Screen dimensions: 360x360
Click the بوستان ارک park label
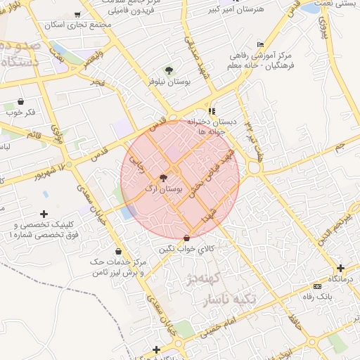click(x=163, y=189)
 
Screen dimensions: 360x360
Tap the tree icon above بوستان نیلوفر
click(x=169, y=70)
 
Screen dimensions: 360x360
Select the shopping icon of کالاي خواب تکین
click(x=186, y=237)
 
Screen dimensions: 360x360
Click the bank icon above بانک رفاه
click(x=317, y=286)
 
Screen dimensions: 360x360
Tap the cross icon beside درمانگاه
click(x=341, y=268)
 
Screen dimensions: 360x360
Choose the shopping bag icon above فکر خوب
click(x=20, y=101)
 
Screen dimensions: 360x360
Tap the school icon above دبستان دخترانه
click(x=212, y=111)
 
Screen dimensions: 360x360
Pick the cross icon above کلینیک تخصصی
click(x=44, y=214)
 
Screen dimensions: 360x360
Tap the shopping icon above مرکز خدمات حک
click(x=117, y=251)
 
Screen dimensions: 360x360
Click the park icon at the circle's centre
click(x=164, y=178)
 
